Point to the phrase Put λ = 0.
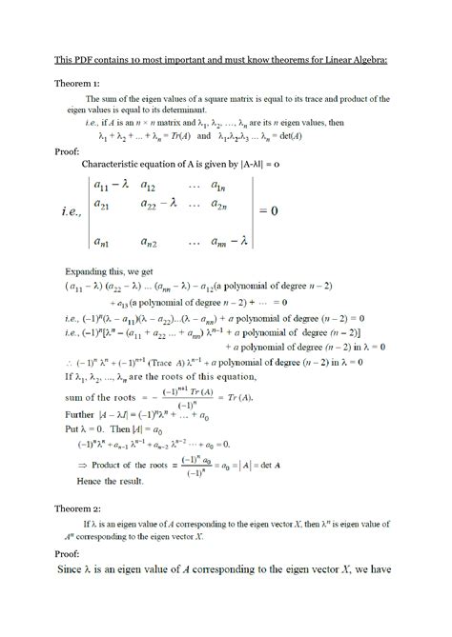point(81,440)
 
